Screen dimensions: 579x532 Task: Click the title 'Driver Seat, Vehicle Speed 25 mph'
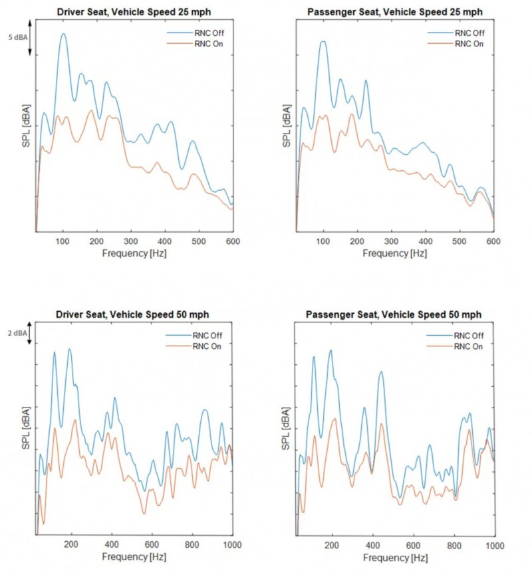134,11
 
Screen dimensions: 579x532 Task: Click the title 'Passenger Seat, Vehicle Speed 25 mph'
396,11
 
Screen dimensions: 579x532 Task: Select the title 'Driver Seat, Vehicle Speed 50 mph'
134,314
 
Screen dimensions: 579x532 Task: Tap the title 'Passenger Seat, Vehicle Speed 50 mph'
396,314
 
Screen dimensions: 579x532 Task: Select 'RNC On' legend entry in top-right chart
469,44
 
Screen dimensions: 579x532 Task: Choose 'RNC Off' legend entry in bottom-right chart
469,334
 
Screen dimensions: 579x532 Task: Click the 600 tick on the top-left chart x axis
233,240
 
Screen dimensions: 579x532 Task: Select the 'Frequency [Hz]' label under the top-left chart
134,253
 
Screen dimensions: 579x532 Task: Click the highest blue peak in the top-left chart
64,34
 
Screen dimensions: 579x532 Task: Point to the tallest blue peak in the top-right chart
324,41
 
